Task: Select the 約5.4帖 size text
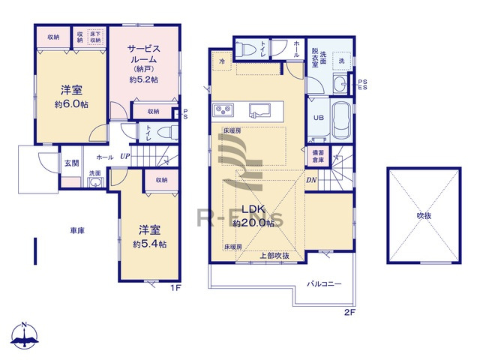coord(149,244)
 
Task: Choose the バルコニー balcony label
coord(324,284)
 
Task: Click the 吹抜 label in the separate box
coord(424,216)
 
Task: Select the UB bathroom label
coord(318,118)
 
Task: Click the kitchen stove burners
coord(223,110)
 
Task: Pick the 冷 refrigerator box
coord(223,59)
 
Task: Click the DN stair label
coord(310,180)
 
